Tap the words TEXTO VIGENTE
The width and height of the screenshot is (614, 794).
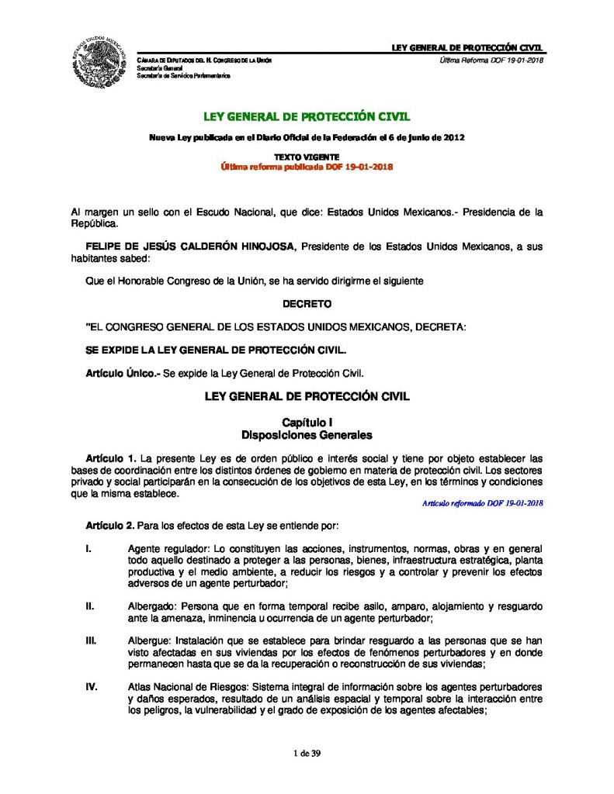307,157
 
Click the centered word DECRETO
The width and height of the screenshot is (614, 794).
307,303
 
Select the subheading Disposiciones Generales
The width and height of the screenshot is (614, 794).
307,434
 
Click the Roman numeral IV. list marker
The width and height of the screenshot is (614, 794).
92,688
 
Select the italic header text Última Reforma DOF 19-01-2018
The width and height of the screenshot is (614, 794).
491,60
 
